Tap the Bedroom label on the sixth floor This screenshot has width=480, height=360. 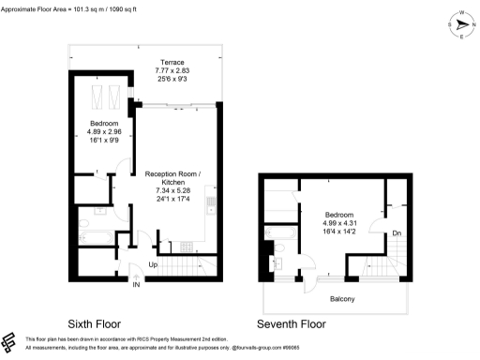click(103, 124)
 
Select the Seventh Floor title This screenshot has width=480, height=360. click(292, 323)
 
